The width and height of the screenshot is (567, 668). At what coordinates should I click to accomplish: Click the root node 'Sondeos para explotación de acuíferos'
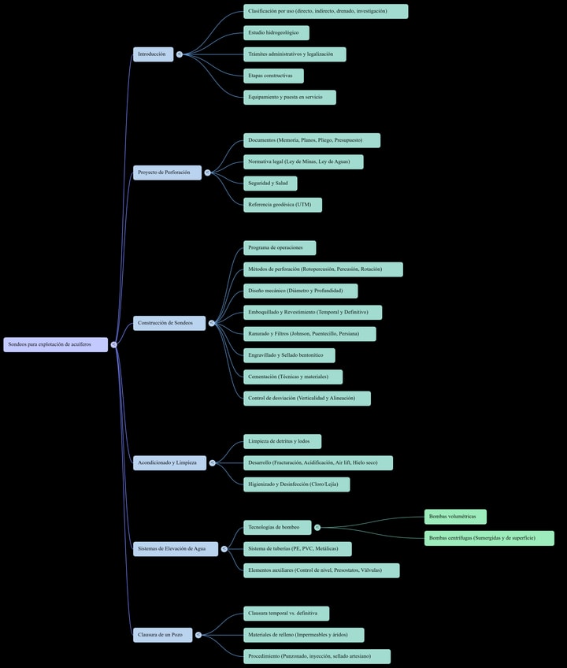pyautogui.click(x=55, y=344)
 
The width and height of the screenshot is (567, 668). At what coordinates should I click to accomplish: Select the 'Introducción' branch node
pyautogui.click(x=153, y=54)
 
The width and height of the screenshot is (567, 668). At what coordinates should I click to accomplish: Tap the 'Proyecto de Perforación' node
pyautogui.click(x=167, y=173)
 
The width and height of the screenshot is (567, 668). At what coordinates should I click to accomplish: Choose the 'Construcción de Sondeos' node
pyautogui.click(x=169, y=323)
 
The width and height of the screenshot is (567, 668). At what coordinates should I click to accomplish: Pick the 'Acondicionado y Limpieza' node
pyautogui.click(x=169, y=462)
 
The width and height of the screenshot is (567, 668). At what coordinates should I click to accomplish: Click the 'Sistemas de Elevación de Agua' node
pyautogui.click(x=175, y=548)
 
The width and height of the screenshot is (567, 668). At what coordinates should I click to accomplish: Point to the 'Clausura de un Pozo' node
pyautogui.click(x=162, y=635)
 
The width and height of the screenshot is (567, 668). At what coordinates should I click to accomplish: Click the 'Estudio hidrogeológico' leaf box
pyautogui.click(x=276, y=33)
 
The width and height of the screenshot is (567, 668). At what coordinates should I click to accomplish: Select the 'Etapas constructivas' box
pyautogui.click(x=273, y=76)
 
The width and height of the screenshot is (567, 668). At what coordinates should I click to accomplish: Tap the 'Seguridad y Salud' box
pyautogui.click(x=270, y=184)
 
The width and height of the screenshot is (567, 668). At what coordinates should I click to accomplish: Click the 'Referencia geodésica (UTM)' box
pyautogui.click(x=282, y=205)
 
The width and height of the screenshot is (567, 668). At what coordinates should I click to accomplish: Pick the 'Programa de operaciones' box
pyautogui.click(x=279, y=248)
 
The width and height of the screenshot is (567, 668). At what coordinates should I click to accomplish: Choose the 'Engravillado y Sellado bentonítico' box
pyautogui.click(x=288, y=355)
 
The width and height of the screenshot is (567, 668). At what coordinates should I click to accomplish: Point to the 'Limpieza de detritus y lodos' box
pyautogui.click(x=282, y=441)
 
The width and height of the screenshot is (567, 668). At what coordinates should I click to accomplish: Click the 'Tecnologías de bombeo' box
pyautogui.click(x=276, y=527)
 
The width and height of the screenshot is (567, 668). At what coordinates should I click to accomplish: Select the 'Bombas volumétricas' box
pyautogui.click(x=455, y=517)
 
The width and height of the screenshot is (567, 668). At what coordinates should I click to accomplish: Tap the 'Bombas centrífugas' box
pyautogui.click(x=489, y=538)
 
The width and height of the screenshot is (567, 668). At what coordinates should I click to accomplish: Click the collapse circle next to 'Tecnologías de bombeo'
pyautogui.click(x=317, y=527)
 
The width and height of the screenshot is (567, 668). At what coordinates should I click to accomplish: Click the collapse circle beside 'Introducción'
pyautogui.click(x=180, y=54)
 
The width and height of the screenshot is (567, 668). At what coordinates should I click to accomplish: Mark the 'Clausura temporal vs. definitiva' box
pyautogui.click(x=286, y=613)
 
